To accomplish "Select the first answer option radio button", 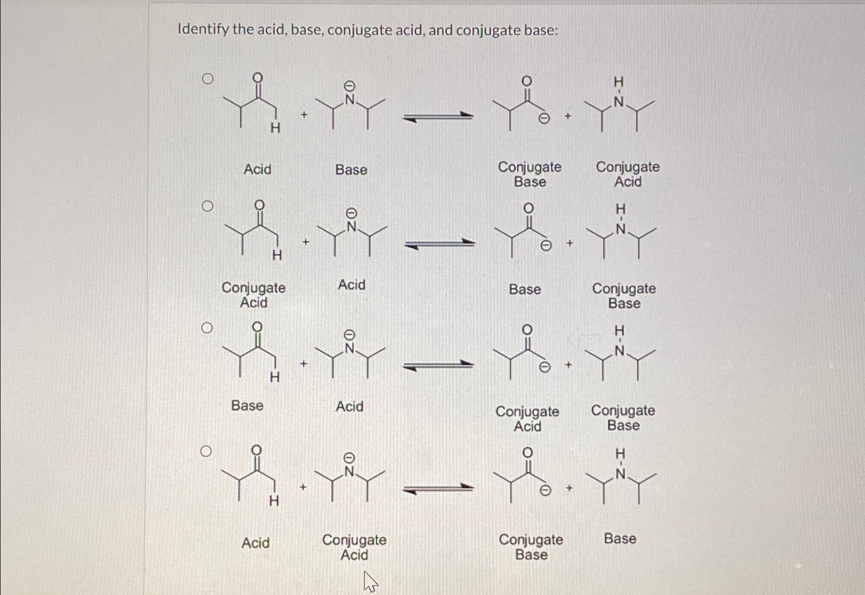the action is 207,79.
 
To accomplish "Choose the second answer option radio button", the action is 207,206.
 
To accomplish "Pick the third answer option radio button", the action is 207,328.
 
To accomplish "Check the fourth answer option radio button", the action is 206,451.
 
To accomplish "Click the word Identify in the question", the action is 203,30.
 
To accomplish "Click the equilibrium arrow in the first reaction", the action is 438,118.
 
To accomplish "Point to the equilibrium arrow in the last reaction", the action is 438,489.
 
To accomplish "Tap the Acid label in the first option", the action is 257,169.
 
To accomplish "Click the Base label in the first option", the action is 351,170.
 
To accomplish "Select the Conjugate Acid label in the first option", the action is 628,174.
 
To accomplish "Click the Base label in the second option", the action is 525,289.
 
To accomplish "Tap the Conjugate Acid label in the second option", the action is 254,295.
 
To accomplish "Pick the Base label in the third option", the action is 247,405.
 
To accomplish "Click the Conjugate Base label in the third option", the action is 623,418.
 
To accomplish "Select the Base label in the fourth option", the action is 620,538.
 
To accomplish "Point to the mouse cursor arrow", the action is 369,581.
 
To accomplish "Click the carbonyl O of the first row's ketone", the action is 258,78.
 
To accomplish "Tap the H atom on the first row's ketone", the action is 275,128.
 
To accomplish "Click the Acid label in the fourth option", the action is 255,542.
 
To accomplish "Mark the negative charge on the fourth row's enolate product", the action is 546,491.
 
